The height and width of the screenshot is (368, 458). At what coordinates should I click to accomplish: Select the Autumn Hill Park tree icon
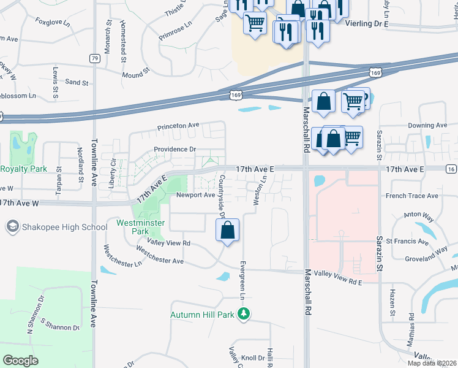coord(244,314)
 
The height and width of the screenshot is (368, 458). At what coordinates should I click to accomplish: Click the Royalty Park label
coord(24,169)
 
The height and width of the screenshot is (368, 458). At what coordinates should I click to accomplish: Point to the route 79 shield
coord(94,58)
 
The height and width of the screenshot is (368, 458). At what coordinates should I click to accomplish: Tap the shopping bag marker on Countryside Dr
coord(227,231)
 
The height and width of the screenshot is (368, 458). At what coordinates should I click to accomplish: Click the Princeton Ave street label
coord(178,126)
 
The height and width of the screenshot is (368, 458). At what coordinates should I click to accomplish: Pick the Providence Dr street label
coord(175,149)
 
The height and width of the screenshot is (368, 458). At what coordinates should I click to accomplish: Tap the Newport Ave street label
coord(195,195)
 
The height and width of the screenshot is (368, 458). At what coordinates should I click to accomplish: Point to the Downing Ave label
coord(427,125)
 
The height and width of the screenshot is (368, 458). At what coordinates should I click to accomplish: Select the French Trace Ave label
coord(411,196)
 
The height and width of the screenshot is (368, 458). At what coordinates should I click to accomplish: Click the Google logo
coord(21,361)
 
